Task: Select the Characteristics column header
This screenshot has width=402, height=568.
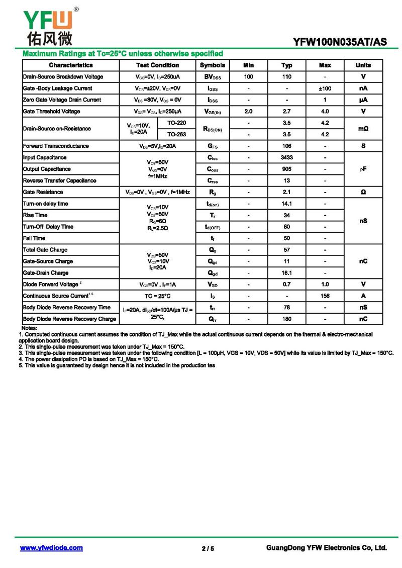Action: point(71,65)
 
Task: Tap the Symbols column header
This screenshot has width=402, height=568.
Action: point(213,65)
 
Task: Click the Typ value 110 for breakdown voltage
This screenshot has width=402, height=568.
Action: point(286,77)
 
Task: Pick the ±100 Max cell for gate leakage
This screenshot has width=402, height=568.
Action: point(325,88)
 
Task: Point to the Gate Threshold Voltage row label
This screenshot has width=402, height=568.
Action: point(51,112)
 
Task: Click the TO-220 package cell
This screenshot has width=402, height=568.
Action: point(176,123)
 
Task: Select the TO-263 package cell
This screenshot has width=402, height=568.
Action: point(176,135)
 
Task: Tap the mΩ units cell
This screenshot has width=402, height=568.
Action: point(363,129)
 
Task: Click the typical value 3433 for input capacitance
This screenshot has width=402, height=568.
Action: point(286,158)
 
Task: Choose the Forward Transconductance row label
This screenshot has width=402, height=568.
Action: point(56,146)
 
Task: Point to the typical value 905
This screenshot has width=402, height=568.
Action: point(286,169)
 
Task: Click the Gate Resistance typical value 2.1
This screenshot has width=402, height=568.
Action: point(286,193)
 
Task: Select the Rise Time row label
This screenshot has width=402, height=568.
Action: point(35,215)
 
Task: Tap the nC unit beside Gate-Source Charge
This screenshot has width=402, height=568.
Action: point(363,261)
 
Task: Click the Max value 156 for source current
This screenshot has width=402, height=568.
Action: point(325,296)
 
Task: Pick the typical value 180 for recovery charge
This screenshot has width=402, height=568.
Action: point(286,319)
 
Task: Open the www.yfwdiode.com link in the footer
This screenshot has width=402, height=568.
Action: point(51,548)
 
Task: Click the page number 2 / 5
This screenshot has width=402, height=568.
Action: point(208,548)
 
